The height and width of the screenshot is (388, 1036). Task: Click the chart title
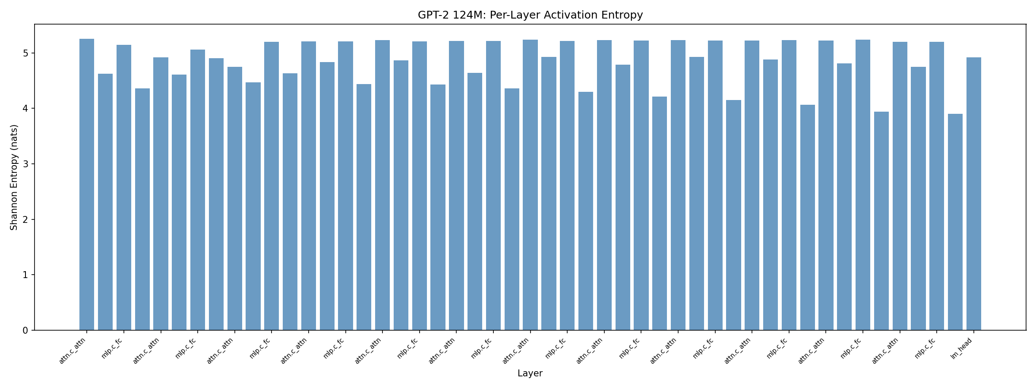[x=530, y=15]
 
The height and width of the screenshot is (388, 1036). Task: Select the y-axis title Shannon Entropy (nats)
[x=14, y=177]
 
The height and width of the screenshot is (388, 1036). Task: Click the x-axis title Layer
[x=530, y=373]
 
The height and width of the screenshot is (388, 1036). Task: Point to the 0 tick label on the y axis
[x=25, y=331]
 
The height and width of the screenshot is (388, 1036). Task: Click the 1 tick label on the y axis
[x=25, y=275]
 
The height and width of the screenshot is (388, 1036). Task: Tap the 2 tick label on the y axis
[x=25, y=220]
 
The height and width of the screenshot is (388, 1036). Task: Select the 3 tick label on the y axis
[x=25, y=164]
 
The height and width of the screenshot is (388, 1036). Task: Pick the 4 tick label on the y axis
[x=25, y=109]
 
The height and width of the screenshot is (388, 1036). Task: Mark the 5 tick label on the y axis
[x=25, y=53]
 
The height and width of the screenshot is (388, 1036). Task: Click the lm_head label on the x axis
[x=962, y=349]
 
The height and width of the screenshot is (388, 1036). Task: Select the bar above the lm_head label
[x=974, y=194]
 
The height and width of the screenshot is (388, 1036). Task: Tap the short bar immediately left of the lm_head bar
[x=955, y=222]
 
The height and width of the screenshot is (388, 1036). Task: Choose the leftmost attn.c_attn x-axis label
[x=73, y=351]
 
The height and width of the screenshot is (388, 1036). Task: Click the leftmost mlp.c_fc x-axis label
[x=112, y=349]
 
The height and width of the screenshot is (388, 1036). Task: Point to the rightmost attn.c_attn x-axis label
[x=886, y=351]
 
